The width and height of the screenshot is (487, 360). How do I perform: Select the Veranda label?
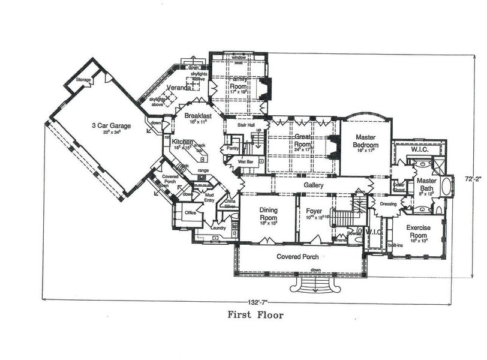(179, 88)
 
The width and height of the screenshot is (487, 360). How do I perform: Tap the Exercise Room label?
(420, 228)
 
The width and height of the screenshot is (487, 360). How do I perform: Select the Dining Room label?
(268, 214)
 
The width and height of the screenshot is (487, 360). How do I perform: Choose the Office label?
(191, 213)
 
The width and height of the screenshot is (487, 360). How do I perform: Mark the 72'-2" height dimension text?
(473, 179)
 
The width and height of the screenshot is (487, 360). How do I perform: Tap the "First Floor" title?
(254, 313)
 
